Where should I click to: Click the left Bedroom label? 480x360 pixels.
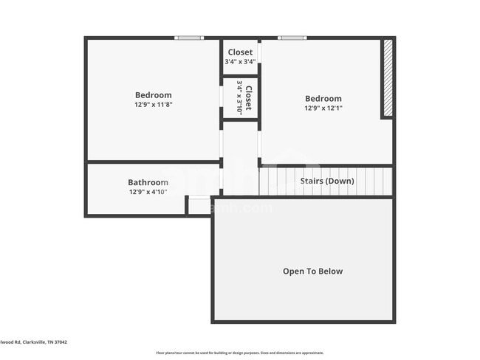(x=153, y=95)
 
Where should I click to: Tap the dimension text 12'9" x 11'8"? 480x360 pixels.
(x=153, y=105)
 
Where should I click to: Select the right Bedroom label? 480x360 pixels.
(x=323, y=99)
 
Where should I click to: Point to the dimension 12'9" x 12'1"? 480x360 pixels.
(x=323, y=108)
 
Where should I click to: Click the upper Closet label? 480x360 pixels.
(x=240, y=52)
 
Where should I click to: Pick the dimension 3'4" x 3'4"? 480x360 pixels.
(x=240, y=62)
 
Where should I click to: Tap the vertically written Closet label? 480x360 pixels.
(x=249, y=98)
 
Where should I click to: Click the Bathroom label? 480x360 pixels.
(x=148, y=183)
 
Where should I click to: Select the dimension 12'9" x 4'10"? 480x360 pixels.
(x=148, y=193)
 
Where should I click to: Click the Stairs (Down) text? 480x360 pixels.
(x=326, y=181)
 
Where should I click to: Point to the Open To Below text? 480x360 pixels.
(x=313, y=271)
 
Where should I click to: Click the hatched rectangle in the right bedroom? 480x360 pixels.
(x=386, y=78)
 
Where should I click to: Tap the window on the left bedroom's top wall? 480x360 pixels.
(x=188, y=38)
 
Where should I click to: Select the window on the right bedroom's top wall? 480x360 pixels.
(x=292, y=38)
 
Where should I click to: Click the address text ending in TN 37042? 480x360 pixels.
(x=33, y=342)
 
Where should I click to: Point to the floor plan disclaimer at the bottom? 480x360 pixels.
(x=239, y=353)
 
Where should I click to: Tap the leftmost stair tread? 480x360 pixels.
(x=264, y=181)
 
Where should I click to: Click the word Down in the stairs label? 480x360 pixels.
(x=340, y=181)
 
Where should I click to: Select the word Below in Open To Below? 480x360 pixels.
(x=330, y=271)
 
